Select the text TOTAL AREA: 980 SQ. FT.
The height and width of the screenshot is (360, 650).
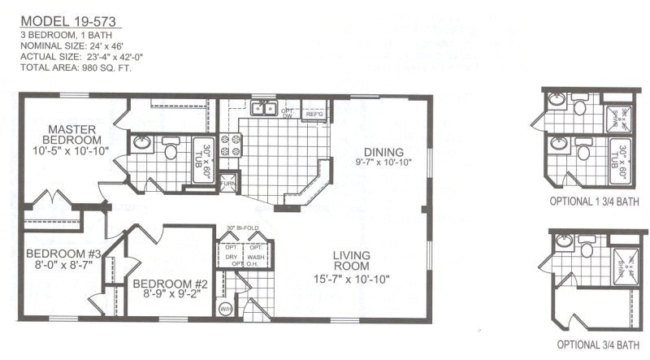pos(74,68)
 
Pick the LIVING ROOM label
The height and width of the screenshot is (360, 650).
pos(352,267)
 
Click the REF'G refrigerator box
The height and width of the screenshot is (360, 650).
pos(314,115)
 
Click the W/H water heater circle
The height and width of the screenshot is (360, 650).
pos(225,309)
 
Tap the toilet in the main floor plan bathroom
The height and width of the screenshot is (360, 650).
pos(171,150)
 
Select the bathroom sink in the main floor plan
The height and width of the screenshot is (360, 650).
pos(142,145)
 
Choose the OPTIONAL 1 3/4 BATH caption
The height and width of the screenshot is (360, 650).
pos(589,200)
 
